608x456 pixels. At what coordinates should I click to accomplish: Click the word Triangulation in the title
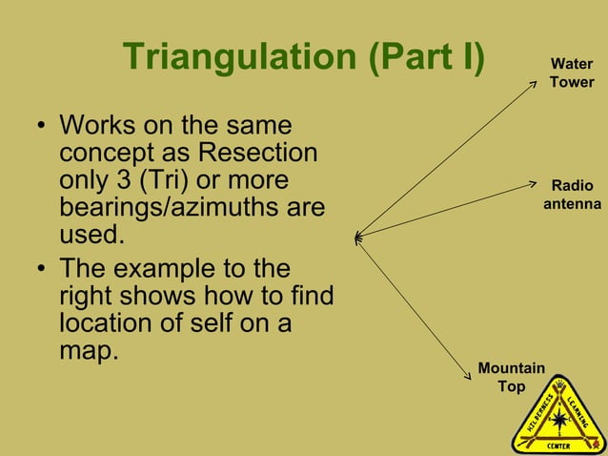click(238, 57)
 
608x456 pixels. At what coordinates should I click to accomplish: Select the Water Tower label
click(571, 73)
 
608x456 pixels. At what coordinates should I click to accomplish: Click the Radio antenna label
click(572, 195)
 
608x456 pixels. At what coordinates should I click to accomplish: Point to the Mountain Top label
click(511, 377)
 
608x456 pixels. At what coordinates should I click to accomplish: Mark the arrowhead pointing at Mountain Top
click(470, 377)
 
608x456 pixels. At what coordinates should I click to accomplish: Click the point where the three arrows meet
click(356, 236)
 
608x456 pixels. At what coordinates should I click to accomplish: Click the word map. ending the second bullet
click(89, 350)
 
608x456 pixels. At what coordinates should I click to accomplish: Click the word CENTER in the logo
click(558, 444)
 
